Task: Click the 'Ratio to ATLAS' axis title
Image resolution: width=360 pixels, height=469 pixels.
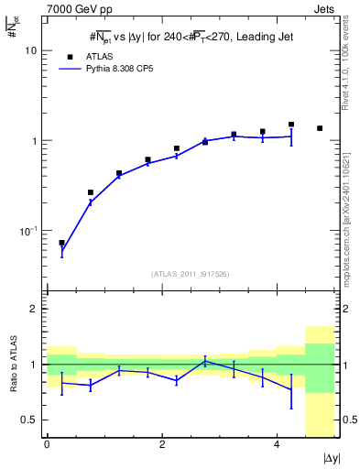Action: [15, 365]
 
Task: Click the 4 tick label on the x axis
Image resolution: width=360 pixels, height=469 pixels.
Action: [277, 444]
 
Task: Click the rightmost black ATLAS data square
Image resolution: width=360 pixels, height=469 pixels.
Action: [319, 128]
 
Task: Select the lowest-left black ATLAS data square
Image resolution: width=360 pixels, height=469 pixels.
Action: [61, 243]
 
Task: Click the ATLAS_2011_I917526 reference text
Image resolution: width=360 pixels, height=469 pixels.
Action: [190, 274]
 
